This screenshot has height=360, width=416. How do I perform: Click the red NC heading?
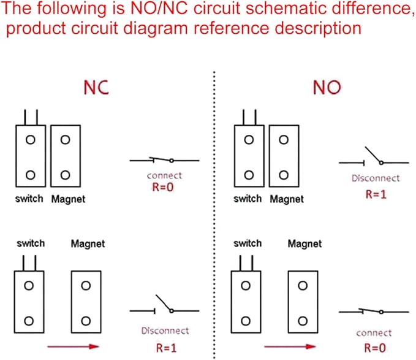point(96,87)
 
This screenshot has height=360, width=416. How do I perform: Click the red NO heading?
point(327,87)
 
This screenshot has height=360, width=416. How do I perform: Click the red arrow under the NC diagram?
point(73,346)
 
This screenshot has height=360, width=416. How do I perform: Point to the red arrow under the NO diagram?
point(290,346)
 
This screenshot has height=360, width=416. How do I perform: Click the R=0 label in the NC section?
point(163,187)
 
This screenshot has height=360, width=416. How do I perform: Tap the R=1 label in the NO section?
point(376,194)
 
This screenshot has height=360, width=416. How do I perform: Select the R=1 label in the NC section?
point(167,348)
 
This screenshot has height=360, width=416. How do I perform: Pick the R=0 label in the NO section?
point(375,348)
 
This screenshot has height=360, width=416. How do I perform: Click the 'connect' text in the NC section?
point(164,175)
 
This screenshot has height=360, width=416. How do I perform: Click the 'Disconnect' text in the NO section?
point(376,178)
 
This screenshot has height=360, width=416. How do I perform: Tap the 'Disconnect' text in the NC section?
point(165,331)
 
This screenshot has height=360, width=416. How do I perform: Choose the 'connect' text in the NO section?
point(374,333)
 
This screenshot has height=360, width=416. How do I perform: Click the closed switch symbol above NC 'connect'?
point(164,160)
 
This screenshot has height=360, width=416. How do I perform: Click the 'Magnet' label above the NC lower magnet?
point(88,243)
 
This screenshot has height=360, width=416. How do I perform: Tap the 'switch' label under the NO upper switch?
point(248,199)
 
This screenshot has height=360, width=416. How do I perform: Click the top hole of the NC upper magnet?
point(66,140)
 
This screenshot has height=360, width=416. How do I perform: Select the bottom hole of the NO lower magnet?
point(303,321)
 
